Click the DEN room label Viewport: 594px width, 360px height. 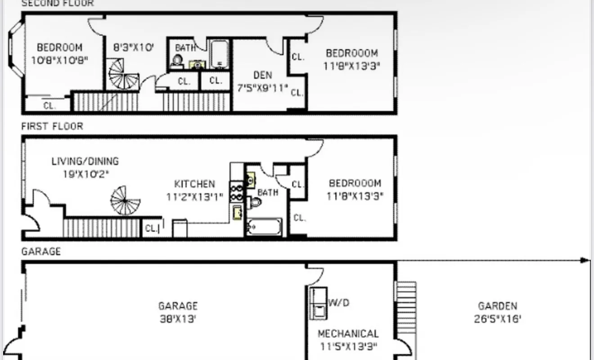click(x=262, y=75)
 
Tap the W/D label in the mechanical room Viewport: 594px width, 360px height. click(x=338, y=302)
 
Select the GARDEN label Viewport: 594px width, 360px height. click(x=497, y=306)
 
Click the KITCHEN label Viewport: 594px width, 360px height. click(x=194, y=184)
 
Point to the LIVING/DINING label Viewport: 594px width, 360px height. click(x=85, y=161)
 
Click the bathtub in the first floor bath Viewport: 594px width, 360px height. click(x=264, y=227)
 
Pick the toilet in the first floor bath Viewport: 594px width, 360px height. click(x=255, y=202)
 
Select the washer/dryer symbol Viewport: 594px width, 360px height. click(x=318, y=302)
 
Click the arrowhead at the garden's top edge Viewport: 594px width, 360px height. click(x=585, y=260)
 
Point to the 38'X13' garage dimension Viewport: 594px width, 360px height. click(x=178, y=319)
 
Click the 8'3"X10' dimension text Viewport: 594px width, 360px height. click(x=134, y=47)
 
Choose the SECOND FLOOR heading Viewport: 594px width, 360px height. click(x=58, y=4)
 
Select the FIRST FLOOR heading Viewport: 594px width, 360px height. click(x=52, y=126)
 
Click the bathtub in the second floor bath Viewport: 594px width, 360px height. click(x=220, y=54)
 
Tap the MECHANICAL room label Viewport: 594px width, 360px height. click(x=348, y=334)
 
